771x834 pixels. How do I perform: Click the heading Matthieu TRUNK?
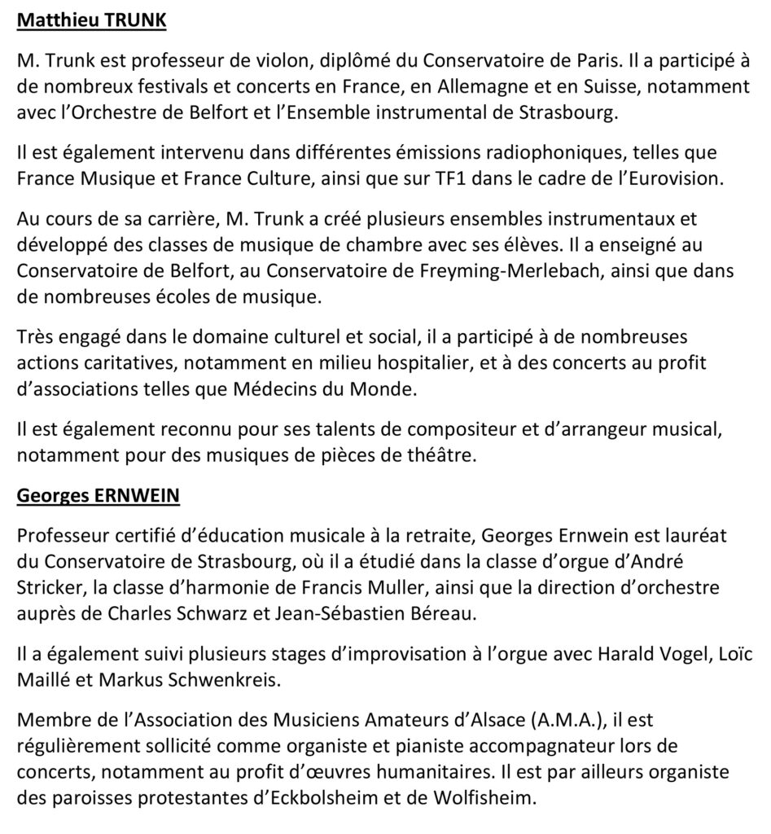(91, 20)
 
